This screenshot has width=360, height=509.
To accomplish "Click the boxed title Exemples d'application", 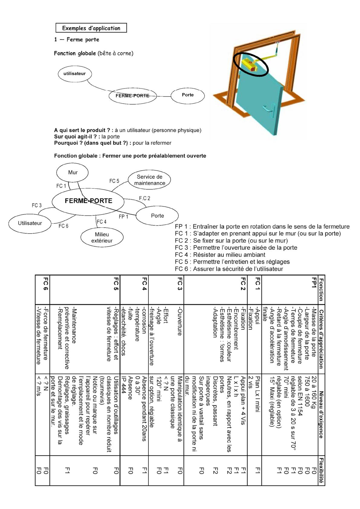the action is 91,28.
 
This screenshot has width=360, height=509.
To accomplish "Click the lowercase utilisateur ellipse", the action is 75,74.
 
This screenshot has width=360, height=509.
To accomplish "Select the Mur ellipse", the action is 72,173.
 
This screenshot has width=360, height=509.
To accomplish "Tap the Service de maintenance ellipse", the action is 149,180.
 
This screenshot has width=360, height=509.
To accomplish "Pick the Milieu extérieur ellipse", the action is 102,238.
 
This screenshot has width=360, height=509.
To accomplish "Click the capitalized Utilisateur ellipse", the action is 30,223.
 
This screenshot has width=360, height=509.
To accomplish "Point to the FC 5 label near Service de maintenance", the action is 114,181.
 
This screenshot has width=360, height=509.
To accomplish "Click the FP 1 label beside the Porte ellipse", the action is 123,216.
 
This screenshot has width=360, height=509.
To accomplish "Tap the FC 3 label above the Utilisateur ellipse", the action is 37,206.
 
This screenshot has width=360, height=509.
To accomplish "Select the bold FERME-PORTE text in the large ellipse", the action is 89,201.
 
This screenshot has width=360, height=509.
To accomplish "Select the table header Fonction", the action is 321,290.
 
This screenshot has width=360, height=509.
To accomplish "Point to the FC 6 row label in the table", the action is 45,284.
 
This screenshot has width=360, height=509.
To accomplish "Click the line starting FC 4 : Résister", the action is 220,254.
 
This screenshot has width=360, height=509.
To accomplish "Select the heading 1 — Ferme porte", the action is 76,40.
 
